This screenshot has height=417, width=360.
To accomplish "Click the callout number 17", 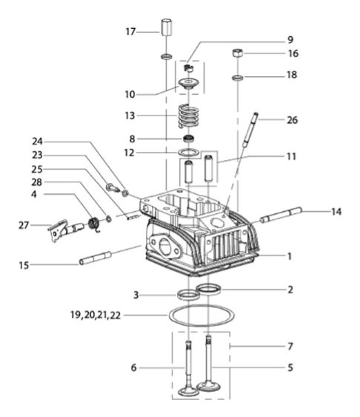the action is pyautogui.click(x=130, y=32).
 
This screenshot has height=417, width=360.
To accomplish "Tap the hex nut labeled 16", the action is pyautogui.click(x=238, y=53).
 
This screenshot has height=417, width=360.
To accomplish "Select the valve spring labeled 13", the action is pyautogui.click(x=188, y=116).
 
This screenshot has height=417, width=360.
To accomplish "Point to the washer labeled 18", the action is pyautogui.click(x=238, y=78).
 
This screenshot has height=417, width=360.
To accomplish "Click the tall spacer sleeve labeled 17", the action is pyautogui.click(x=166, y=27).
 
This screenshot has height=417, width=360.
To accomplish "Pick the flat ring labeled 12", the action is pyautogui.click(x=188, y=153).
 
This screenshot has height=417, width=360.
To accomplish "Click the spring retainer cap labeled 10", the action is pyautogui.click(x=188, y=83).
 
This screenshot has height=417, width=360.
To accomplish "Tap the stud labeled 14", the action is pyautogui.click(x=281, y=214).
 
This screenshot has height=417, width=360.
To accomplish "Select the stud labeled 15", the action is pyautogui.click(x=95, y=258).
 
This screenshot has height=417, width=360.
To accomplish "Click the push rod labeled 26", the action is pyautogui.click(x=250, y=130).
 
